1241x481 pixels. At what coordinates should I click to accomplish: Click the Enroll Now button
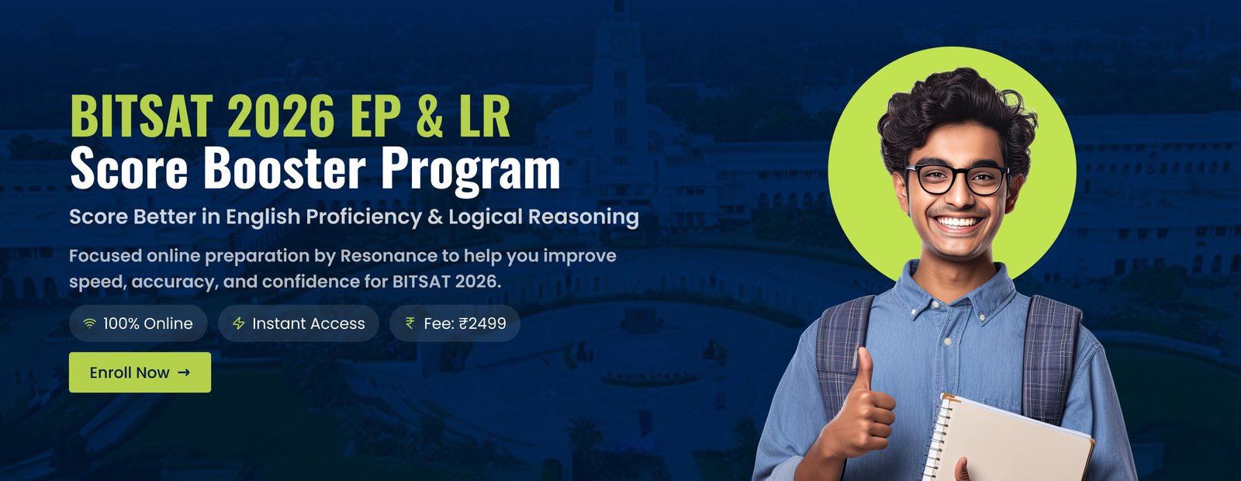(x=140, y=372)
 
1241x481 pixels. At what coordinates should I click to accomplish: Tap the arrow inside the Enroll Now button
(x=184, y=372)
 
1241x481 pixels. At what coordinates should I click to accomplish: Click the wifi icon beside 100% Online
(x=89, y=324)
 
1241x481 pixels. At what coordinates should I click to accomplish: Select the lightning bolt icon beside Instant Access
(x=239, y=324)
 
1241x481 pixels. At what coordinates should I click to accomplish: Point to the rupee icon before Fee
(x=410, y=323)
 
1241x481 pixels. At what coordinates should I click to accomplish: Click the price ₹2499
(x=482, y=324)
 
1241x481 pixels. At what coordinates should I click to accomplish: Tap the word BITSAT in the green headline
(x=142, y=116)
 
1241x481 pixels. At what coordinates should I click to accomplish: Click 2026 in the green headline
(x=280, y=116)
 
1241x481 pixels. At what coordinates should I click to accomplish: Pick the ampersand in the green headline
(x=430, y=116)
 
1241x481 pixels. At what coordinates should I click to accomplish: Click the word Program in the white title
(x=470, y=171)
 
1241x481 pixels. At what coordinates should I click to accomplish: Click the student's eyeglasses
(x=957, y=179)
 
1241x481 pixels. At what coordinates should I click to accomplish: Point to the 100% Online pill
(x=139, y=324)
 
